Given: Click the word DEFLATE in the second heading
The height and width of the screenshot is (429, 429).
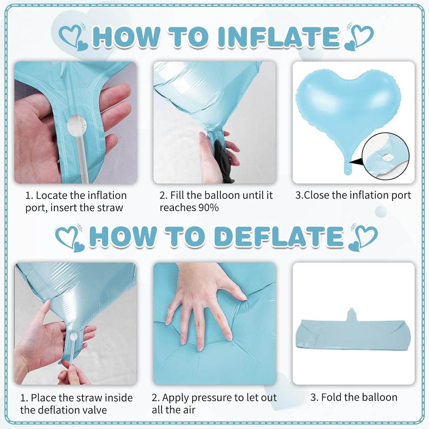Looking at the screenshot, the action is [278, 236].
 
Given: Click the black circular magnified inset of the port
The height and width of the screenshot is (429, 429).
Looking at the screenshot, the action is [385, 156].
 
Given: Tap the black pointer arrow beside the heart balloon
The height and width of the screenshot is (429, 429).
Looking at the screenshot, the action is [355, 162].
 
